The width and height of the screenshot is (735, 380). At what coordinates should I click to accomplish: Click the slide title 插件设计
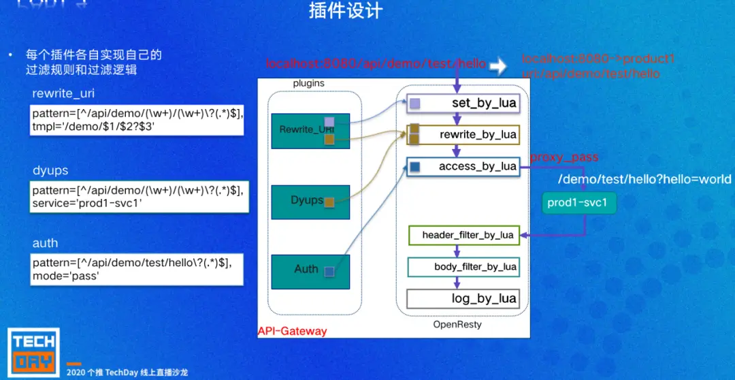coord(346,12)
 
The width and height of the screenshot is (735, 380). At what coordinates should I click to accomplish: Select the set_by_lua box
coord(463,104)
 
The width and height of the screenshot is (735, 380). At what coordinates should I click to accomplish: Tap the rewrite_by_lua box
coord(463,135)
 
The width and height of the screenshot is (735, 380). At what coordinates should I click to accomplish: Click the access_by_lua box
coord(463,167)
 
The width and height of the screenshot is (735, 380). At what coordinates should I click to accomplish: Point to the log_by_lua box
coord(463,298)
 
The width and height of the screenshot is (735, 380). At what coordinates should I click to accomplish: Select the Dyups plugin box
coord(310,202)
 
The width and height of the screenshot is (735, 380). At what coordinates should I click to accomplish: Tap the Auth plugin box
coord(310,270)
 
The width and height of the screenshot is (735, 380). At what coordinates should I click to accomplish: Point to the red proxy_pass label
coord(564,157)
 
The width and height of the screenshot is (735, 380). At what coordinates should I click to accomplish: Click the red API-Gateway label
coord(292,332)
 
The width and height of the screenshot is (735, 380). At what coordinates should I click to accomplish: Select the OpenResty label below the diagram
coord(457,325)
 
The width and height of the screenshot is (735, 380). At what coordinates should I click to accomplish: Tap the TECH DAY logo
coord(34,351)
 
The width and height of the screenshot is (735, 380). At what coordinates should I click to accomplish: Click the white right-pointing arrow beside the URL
coord(499,65)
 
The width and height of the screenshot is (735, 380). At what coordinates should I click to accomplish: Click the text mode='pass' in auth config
coord(65,276)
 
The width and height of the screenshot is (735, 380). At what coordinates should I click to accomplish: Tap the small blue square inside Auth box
coord(329,272)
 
